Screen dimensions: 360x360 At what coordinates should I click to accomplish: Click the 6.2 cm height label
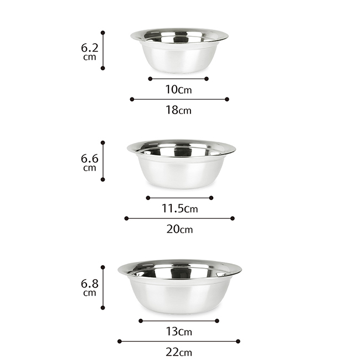tap(90, 52)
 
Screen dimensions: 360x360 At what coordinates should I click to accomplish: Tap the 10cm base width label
tap(179, 90)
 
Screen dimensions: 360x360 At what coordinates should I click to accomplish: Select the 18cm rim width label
tap(179, 110)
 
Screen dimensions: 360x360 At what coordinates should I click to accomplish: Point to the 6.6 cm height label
tap(90, 163)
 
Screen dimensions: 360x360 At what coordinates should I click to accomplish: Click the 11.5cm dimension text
tap(179, 208)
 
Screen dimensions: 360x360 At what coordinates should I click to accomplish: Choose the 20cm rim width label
tap(179, 229)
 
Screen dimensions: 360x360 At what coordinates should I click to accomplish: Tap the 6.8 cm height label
tap(90, 287)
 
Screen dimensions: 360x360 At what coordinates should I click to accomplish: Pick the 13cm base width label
tap(179, 332)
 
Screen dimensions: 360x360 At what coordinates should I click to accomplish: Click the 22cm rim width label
tap(179, 352)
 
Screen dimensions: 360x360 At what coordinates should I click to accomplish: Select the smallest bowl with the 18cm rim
tap(179, 51)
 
